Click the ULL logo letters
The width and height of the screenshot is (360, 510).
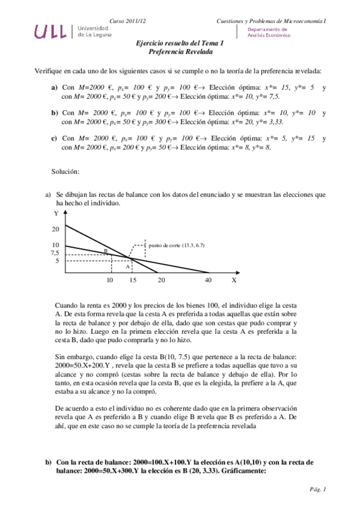pos(53,31)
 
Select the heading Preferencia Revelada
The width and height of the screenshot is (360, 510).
pos(180,52)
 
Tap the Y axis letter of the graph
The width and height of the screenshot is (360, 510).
pos(56,214)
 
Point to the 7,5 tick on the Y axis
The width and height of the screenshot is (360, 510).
pos(56,253)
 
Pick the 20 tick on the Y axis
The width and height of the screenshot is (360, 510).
pos(56,229)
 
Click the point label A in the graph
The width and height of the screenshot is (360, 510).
pos(127,265)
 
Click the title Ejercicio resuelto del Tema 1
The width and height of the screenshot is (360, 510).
pos(180,43)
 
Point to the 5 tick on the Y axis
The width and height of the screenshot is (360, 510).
pos(56,261)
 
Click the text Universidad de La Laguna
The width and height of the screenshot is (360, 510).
pos(94,31)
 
